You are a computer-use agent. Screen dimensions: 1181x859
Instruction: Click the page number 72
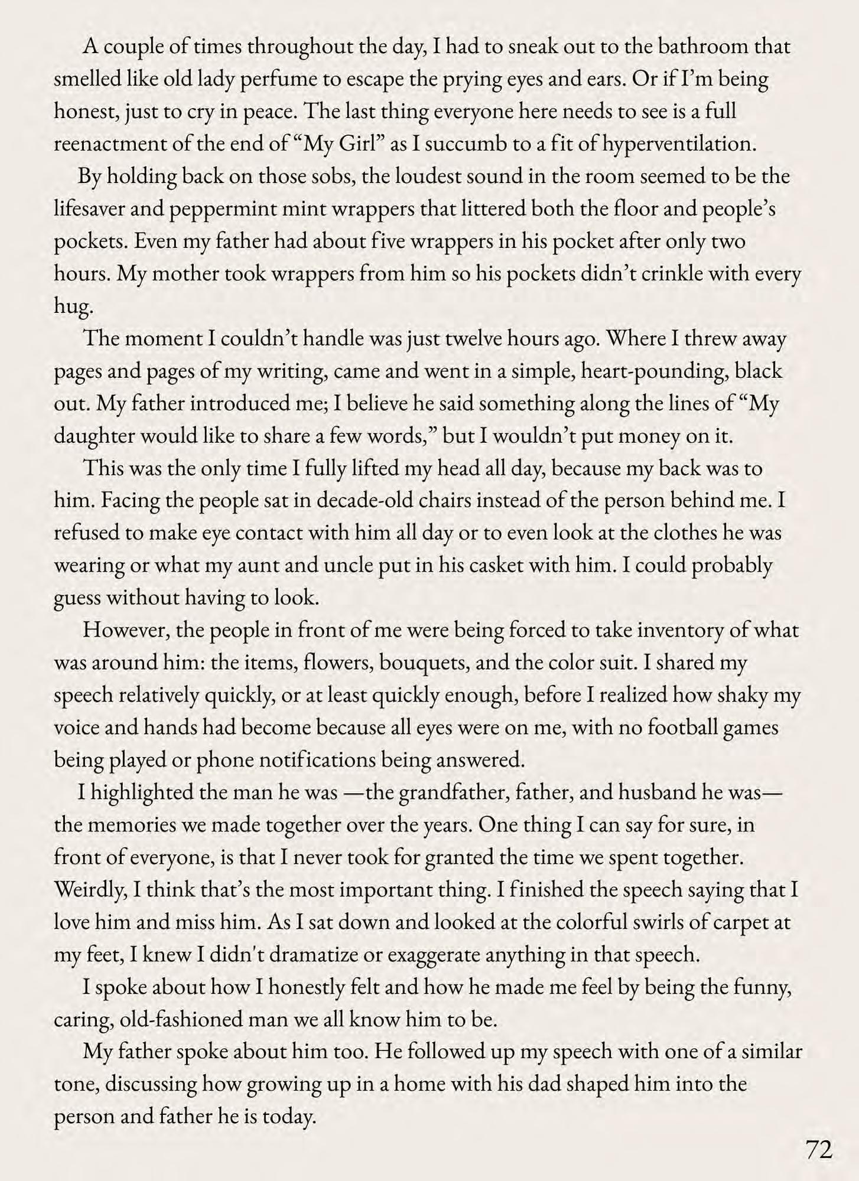[x=818, y=1149]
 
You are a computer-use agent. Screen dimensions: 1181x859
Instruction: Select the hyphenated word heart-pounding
[x=655, y=371]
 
